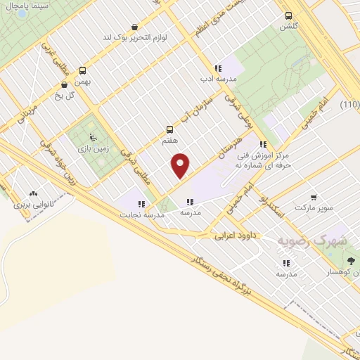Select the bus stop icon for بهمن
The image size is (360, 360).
coord(83,70)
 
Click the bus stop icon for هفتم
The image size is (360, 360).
coord(169,129)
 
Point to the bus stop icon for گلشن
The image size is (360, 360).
coord(288,15)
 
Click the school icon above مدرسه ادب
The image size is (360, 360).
coord(218,68)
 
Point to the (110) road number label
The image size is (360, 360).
coord(350,105)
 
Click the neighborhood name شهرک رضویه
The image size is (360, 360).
coord(323,240)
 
